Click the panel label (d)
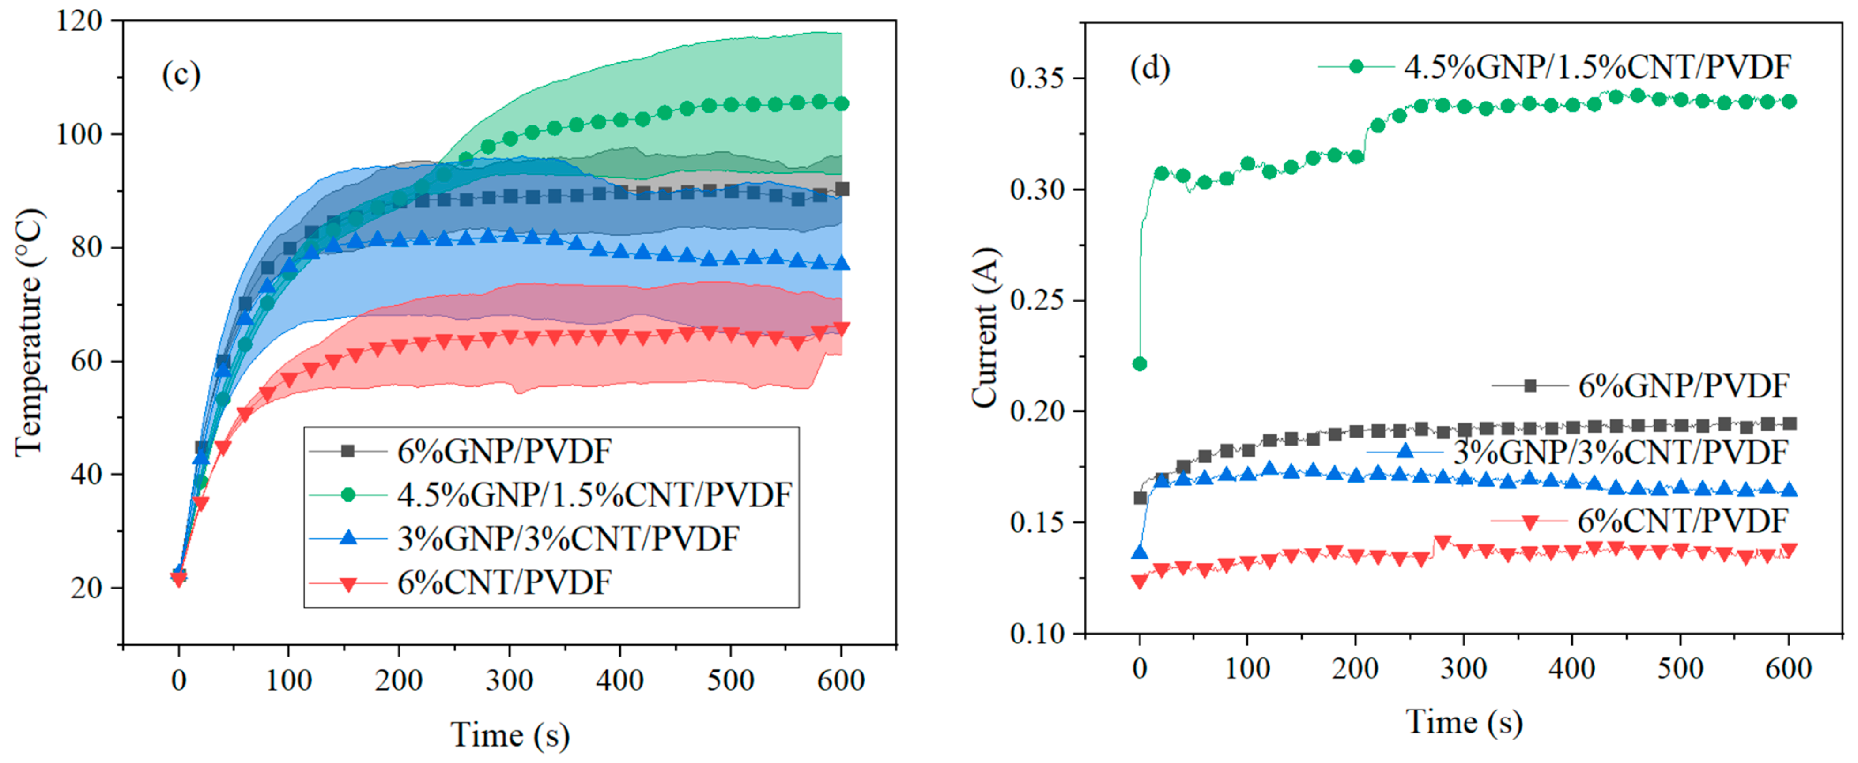(x=1150, y=68)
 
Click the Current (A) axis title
(x=985, y=328)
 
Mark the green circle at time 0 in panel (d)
(x=1140, y=363)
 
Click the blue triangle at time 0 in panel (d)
(x=1140, y=552)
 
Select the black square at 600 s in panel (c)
(x=841, y=189)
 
